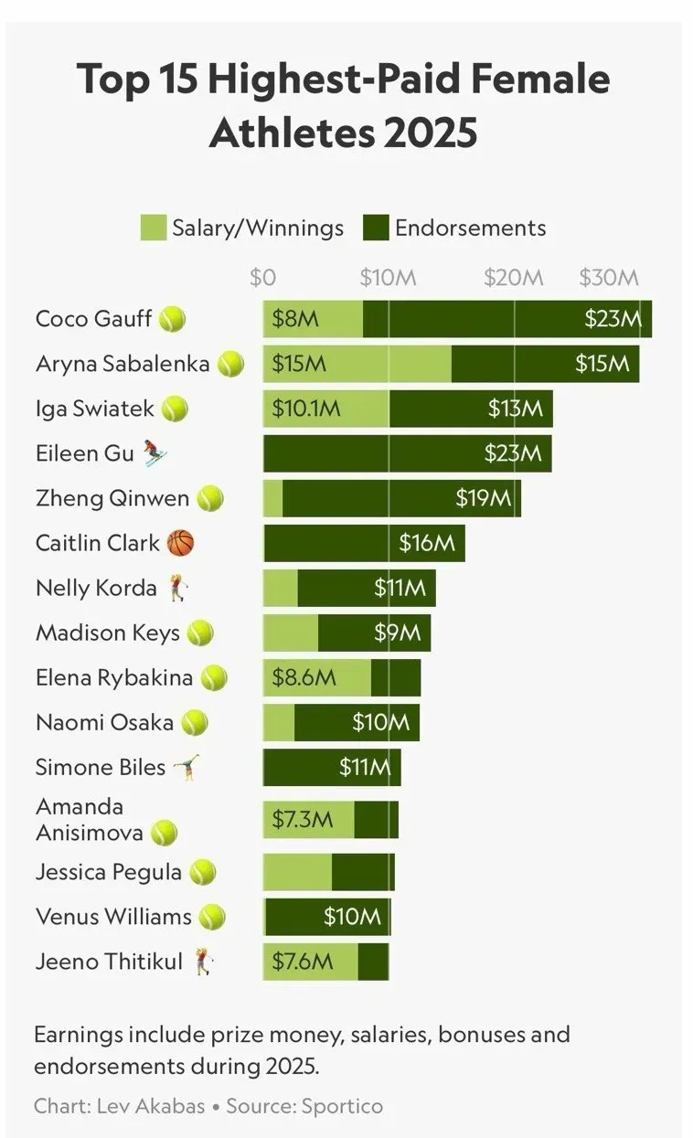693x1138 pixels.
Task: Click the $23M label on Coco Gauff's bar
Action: pos(613,319)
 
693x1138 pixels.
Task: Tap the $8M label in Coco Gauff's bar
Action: pos(294,319)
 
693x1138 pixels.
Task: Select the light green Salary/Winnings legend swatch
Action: pos(153,228)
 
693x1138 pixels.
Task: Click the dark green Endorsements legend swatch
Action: pos(376,228)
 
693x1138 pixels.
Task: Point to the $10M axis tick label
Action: pos(388,278)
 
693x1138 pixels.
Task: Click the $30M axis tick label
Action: pos(609,278)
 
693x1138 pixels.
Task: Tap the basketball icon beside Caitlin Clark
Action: pos(181,543)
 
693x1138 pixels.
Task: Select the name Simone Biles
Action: pos(101,767)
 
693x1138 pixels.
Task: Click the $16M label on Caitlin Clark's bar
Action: pos(426,543)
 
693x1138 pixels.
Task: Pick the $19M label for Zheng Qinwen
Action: pos(483,498)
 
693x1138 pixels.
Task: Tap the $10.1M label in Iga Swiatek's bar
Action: pos(306,409)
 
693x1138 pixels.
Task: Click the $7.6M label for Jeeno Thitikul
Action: pos(303,961)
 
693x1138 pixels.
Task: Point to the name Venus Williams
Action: pos(113,916)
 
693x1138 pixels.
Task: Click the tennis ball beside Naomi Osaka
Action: pos(195,723)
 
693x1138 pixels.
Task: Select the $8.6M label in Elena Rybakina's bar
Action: pos(304,678)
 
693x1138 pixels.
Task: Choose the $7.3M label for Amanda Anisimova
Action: pos(303,819)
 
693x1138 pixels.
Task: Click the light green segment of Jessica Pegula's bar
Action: pos(297,872)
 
